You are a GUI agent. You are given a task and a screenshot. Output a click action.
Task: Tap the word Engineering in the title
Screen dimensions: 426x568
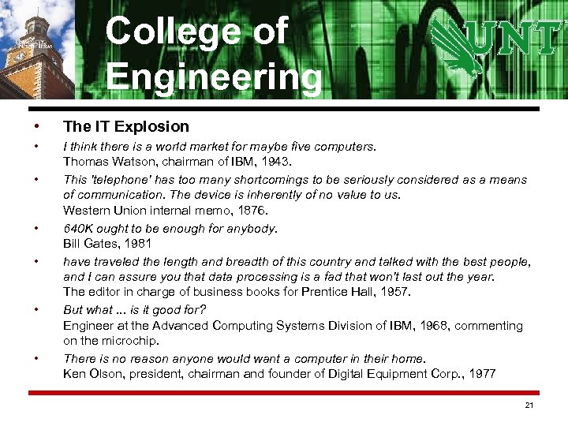[214, 77]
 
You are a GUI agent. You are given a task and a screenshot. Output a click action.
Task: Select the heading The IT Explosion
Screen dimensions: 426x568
[126, 126]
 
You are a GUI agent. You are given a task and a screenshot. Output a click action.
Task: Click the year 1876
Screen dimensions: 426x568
[253, 211]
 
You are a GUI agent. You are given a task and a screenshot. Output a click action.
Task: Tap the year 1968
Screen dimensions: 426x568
[417, 325]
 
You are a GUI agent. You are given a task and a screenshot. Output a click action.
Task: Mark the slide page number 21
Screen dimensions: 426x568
[529, 405]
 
